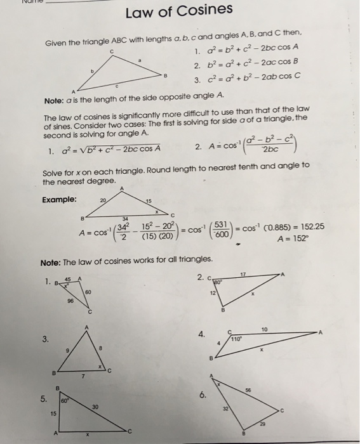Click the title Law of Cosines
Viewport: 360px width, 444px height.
pos(180,11)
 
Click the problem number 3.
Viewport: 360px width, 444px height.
pos(45,338)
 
